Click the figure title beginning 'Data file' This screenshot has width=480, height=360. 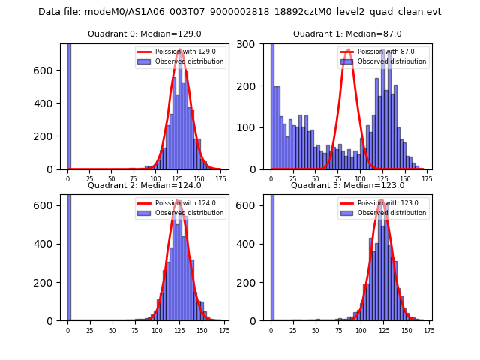pyautogui.click(x=239, y=12)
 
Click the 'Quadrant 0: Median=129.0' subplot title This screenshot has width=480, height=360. pyautogui.click(x=145, y=34)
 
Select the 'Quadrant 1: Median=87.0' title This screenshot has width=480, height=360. pyautogui.click(x=347, y=34)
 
